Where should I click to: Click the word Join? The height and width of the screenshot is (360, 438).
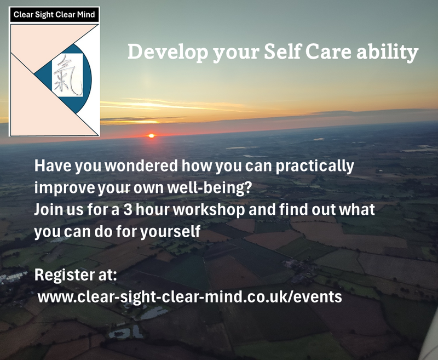click(x=49, y=210)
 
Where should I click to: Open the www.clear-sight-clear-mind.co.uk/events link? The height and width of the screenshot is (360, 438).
click(x=189, y=298)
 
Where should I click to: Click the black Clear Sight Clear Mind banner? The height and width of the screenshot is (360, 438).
click(x=54, y=15)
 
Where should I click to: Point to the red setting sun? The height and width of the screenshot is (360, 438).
click(x=152, y=135)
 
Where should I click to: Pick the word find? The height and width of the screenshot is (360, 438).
click(x=308, y=210)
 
